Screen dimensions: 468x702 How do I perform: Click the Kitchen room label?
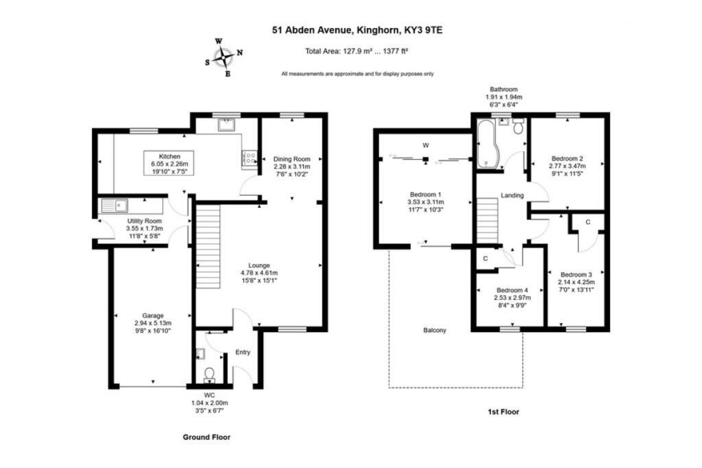pyautogui.click(x=169, y=156)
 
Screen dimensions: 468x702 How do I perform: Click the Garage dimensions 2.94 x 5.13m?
pyautogui.click(x=152, y=323)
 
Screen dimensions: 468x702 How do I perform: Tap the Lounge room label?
pyautogui.click(x=258, y=265)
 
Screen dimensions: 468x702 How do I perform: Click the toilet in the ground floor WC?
pyautogui.click(x=209, y=373)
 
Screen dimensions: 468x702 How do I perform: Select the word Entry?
pyautogui.click(x=243, y=352)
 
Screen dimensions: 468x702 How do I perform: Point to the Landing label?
pyautogui.click(x=512, y=196)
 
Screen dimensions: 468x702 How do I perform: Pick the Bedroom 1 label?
pyautogui.click(x=425, y=194)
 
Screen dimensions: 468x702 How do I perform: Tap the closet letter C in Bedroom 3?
pyautogui.click(x=588, y=222)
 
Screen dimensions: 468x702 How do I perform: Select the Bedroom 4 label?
pyautogui.click(x=512, y=289)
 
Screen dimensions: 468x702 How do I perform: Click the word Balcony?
pyautogui.click(x=434, y=330)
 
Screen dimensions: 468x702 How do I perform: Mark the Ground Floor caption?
pyautogui.click(x=206, y=436)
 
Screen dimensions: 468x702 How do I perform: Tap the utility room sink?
pyautogui.click(x=112, y=204)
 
